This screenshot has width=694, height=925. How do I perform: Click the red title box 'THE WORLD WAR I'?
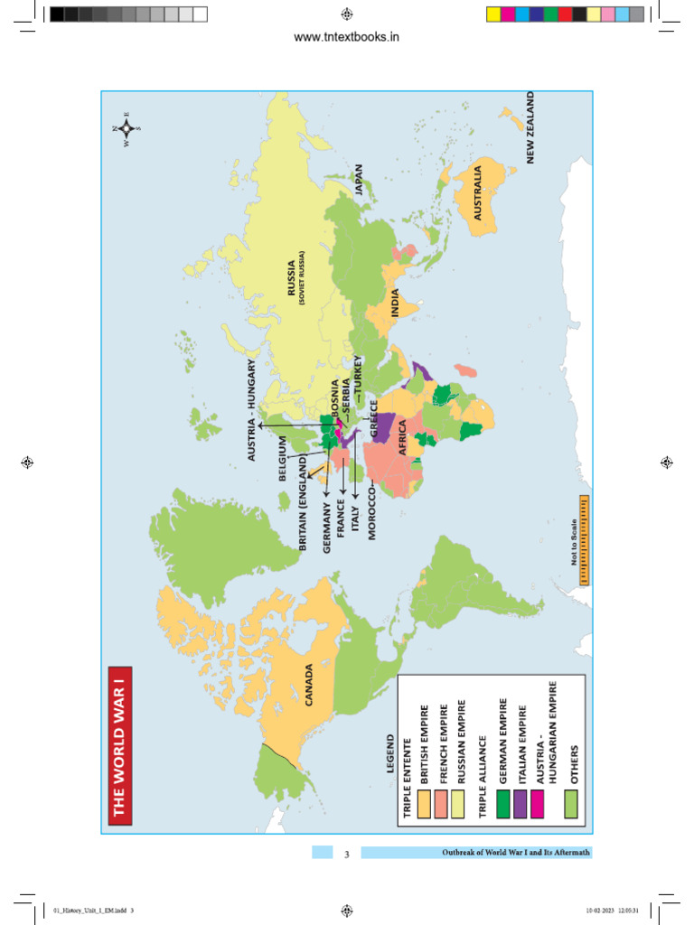[120, 744]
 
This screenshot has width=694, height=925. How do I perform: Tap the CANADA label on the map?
[309, 686]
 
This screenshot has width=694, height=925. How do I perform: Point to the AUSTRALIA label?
[479, 192]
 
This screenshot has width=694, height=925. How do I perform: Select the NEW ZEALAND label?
[530, 127]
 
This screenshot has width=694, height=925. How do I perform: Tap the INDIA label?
[395, 303]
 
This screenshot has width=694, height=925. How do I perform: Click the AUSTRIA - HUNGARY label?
[252, 410]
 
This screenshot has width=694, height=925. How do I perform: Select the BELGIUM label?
[282, 458]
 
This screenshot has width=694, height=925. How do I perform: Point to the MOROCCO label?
[371, 510]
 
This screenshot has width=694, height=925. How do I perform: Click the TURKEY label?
[358, 379]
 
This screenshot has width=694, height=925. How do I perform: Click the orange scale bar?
[584, 540]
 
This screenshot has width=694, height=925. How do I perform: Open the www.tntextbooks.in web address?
[347, 37]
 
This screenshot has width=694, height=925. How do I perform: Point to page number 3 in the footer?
[346, 854]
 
